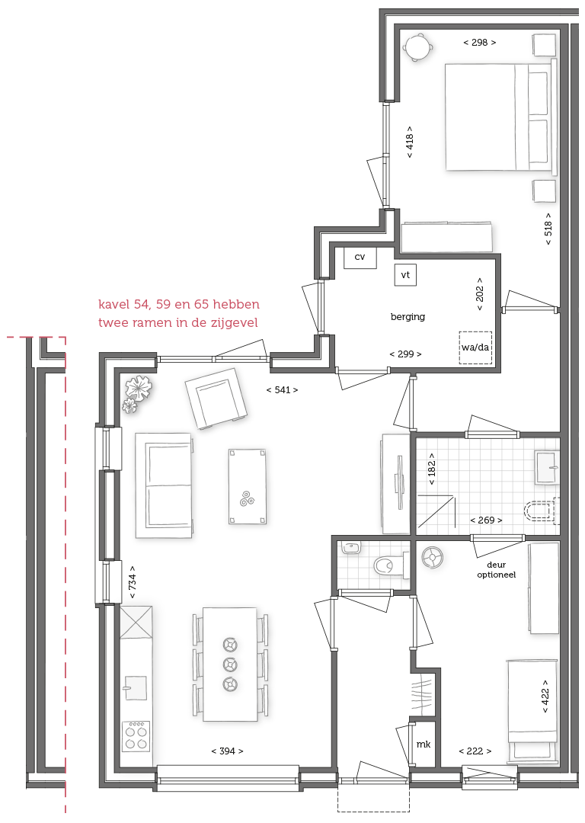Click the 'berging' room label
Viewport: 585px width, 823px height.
click(408, 317)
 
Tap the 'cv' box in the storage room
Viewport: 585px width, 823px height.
click(360, 258)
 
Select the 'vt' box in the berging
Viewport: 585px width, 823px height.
click(405, 275)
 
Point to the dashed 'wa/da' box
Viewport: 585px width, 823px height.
click(475, 347)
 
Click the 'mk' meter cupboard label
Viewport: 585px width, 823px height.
click(424, 745)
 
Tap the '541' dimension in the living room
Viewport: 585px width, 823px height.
click(283, 390)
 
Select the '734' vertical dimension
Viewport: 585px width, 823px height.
click(133, 582)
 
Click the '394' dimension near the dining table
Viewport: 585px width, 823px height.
click(227, 751)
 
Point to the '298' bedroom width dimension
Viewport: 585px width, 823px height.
click(480, 43)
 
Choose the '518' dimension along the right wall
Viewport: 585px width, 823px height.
click(548, 229)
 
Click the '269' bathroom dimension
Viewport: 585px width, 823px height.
click(487, 520)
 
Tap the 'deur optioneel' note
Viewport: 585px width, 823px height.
click(497, 570)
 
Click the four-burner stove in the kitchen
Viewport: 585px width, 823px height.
click(136, 736)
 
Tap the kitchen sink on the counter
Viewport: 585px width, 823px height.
click(134, 687)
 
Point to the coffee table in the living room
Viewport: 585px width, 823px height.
click(247, 486)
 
